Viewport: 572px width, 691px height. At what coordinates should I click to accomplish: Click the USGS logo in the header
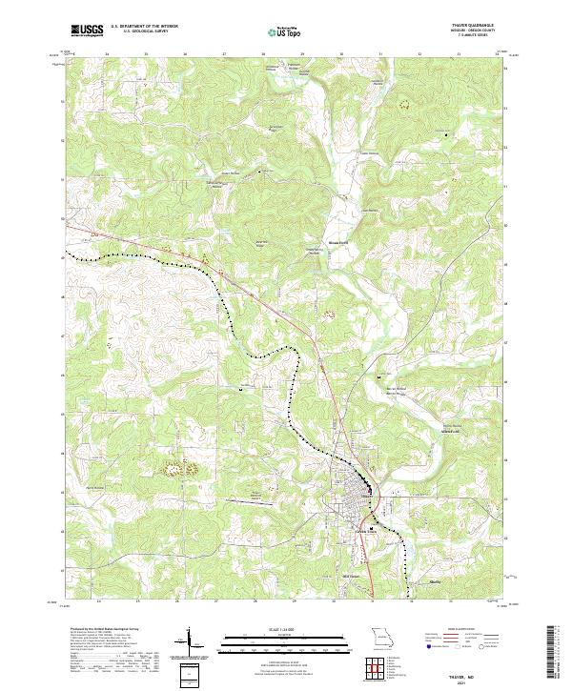point(87,30)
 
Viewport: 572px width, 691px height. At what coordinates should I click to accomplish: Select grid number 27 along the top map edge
point(224,54)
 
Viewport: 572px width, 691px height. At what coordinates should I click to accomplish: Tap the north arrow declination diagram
point(189,641)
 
